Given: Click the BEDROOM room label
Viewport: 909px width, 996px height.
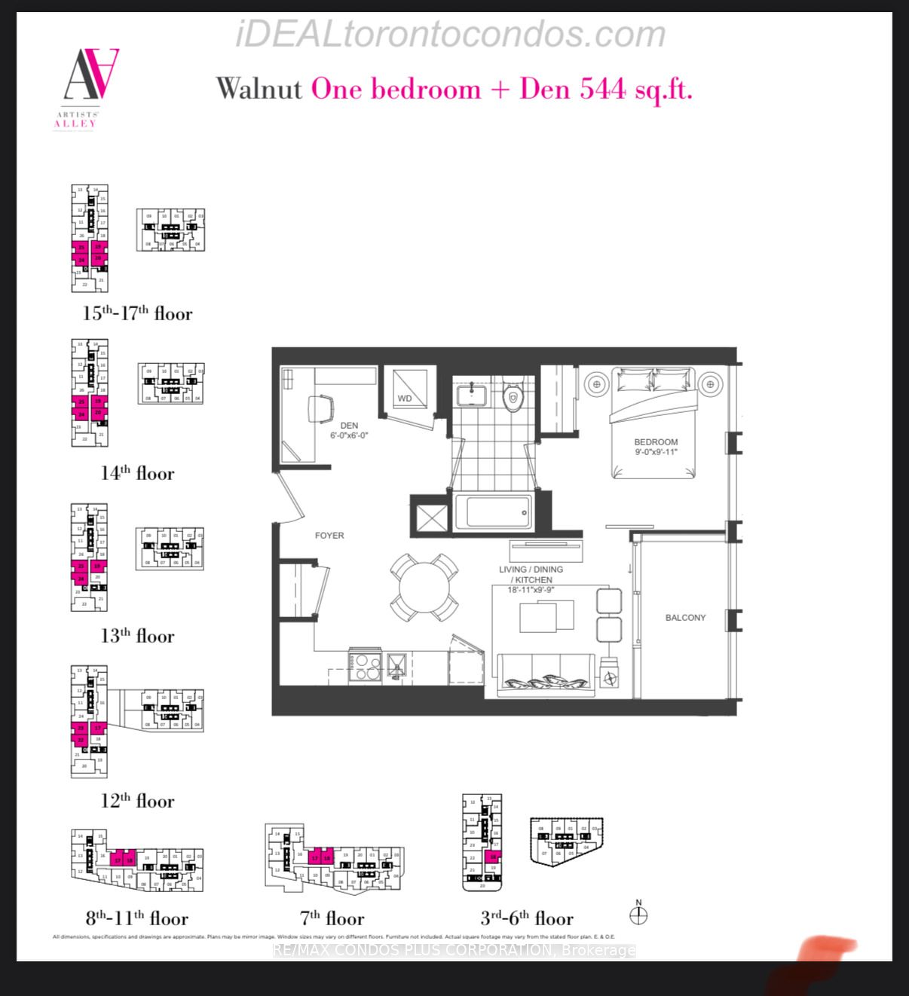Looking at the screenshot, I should [x=655, y=442].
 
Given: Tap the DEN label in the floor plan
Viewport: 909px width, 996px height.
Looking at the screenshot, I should [x=349, y=426].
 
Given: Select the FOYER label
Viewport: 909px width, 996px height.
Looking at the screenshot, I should [x=329, y=536].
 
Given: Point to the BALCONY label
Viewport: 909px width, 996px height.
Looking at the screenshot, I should [x=685, y=618].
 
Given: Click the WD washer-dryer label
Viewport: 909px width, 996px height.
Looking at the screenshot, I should [x=405, y=398].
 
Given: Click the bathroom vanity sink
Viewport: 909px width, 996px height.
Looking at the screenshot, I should [x=472, y=393].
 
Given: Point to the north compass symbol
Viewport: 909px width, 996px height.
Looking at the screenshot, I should [x=638, y=915].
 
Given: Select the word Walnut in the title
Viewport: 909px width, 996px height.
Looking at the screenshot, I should [x=259, y=90].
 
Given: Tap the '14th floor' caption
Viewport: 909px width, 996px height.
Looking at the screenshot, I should [x=137, y=473].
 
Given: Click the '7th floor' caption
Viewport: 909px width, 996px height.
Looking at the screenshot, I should [x=332, y=918].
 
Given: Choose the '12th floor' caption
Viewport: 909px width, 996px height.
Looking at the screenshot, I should [x=137, y=800].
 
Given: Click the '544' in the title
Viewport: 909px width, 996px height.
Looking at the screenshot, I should [x=603, y=90].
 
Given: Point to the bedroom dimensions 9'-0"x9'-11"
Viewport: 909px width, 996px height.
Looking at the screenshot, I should [x=655, y=452].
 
